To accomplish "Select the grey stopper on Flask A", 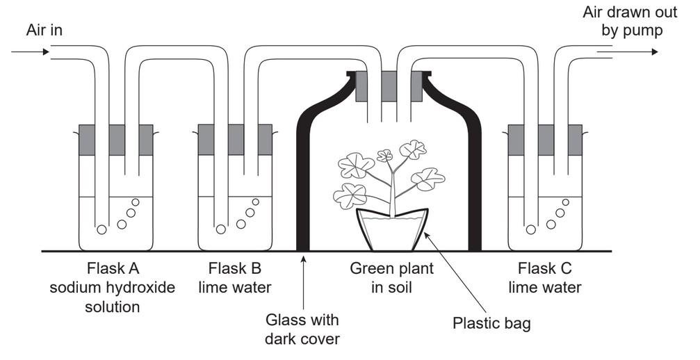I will point(116,140).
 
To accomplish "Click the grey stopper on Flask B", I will point(235,140).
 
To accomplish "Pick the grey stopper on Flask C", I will point(545,140).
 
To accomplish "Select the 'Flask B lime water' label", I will point(235,277).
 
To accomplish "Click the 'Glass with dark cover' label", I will point(302,329).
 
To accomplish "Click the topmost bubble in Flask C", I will point(565,202).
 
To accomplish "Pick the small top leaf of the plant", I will point(384,155).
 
